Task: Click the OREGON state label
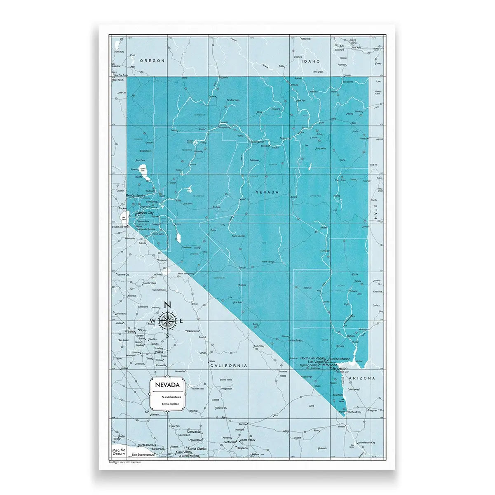point(152,61)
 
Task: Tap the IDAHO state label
point(311,61)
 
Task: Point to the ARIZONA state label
point(361,378)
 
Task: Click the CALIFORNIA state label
point(229,365)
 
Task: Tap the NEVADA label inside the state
point(267,192)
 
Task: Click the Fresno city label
point(130,331)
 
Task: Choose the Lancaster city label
point(195,431)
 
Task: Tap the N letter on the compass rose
point(167,305)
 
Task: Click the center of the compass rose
point(167,321)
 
